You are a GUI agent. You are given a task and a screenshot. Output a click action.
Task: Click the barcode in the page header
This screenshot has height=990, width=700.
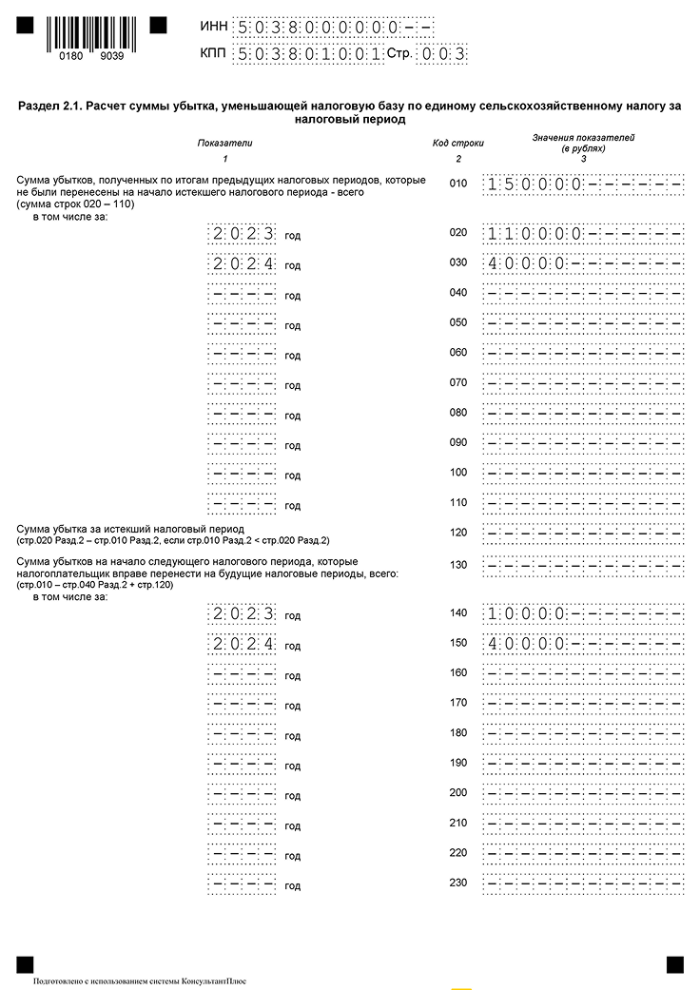85,32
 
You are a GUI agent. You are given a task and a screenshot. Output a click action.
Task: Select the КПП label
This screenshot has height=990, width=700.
214,54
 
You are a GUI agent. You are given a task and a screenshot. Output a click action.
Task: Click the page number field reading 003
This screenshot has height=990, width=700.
444,54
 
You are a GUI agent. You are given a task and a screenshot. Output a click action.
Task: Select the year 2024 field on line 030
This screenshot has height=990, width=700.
243,264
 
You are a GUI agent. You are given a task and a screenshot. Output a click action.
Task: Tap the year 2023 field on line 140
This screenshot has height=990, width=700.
243,614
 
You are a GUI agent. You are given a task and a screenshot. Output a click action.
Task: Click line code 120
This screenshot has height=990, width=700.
458,534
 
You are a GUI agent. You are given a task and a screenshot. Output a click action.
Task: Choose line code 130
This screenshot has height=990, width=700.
458,565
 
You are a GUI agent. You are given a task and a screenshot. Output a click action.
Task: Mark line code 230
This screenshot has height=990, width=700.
458,883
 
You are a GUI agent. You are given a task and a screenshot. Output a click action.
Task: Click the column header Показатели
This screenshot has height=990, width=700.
225,143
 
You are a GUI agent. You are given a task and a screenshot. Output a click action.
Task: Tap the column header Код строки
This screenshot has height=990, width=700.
458,143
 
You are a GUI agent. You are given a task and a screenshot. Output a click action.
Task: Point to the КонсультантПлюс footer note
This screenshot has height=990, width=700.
139,980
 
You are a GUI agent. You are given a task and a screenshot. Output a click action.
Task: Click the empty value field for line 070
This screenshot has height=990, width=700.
583,384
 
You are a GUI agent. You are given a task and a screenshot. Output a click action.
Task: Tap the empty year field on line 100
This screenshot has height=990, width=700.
243,474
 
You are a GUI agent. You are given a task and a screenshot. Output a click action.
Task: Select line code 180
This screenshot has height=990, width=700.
458,733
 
